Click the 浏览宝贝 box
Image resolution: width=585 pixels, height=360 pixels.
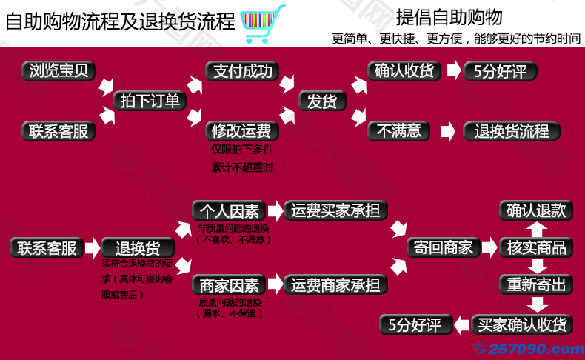coord(58,71)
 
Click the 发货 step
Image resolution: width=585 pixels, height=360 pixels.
coord(322,101)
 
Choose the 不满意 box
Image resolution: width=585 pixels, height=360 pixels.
coord(399,131)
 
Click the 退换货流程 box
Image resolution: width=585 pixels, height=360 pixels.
coord(512,132)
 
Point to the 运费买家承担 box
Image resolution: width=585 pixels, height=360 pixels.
coord(335,210)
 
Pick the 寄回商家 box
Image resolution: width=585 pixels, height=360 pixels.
coord(444,247)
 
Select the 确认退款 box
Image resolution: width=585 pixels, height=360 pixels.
coord(536,210)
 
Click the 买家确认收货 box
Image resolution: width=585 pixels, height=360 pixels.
coord(523,324)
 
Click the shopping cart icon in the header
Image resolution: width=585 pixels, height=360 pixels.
coord(262,20)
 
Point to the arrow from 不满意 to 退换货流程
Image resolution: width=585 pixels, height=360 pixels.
coord(447,132)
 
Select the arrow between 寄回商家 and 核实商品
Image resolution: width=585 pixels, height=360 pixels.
coord(489,247)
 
